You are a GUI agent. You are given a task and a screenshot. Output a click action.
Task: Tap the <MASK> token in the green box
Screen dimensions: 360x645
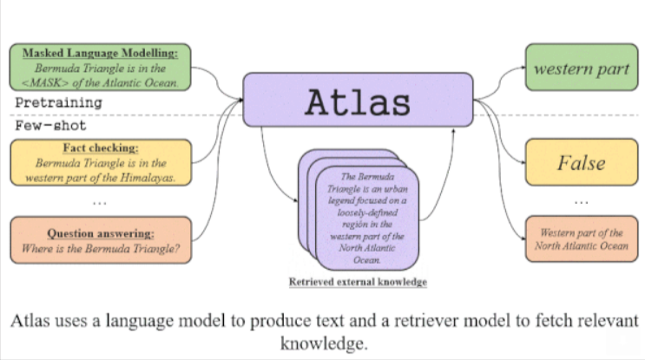(x=56, y=83)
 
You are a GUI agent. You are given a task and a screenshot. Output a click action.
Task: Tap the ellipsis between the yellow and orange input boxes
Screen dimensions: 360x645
(x=98, y=203)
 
